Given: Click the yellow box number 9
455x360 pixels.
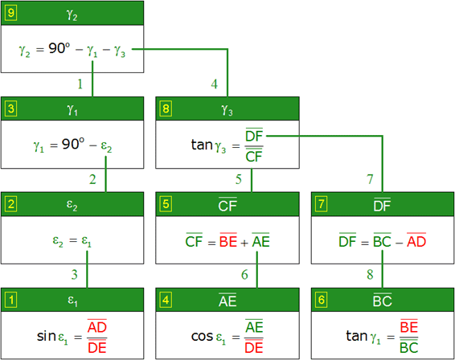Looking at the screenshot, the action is (11, 13).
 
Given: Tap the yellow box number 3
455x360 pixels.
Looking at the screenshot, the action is (11, 108).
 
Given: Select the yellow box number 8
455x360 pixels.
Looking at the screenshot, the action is (166, 108).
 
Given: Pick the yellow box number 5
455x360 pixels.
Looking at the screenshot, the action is (166, 204).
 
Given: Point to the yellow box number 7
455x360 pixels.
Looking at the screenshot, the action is (322, 204).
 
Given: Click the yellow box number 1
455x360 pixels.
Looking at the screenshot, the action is (11, 300).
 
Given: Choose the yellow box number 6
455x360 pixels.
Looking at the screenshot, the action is (322, 300).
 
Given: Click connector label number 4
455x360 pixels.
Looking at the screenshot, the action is (214, 84).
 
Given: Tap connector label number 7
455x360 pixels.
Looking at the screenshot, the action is (370, 179).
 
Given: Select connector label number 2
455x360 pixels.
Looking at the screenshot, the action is (92, 179).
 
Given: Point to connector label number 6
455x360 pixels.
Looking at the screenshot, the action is (244, 275).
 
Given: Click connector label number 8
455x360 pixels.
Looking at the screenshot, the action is (370, 275).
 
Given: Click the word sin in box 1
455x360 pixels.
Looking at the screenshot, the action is (47, 336).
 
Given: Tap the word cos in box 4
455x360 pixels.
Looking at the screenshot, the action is (202, 336).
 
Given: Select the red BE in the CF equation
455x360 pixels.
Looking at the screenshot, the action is (228, 240).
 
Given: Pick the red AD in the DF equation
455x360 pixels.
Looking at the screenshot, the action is (416, 240).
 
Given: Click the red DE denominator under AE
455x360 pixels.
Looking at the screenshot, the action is (253, 346).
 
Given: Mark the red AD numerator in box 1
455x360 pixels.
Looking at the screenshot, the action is (97, 326).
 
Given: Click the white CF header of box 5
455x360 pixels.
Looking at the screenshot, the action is (227, 205).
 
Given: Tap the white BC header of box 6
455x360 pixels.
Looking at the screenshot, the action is (383, 301).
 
